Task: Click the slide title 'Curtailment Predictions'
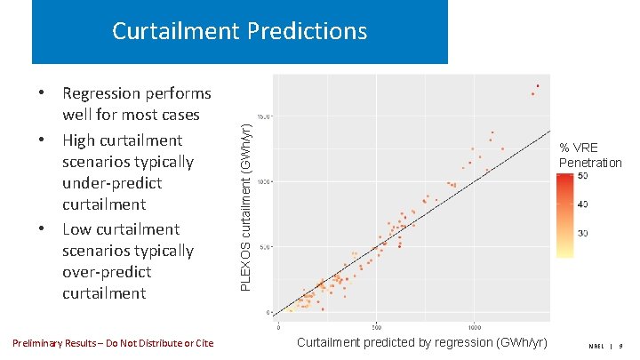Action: pyautogui.click(x=239, y=32)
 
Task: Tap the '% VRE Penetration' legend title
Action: pyautogui.click(x=589, y=156)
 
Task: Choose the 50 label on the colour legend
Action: pyautogui.click(x=582, y=177)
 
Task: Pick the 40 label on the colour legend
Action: pyautogui.click(x=582, y=204)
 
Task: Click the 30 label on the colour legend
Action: pyautogui.click(x=582, y=233)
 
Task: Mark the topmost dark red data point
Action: pyautogui.click(x=538, y=86)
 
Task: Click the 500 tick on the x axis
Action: pyautogui.click(x=377, y=326)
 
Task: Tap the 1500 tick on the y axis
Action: pyautogui.click(x=265, y=116)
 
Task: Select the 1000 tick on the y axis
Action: pyautogui.click(x=265, y=181)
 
